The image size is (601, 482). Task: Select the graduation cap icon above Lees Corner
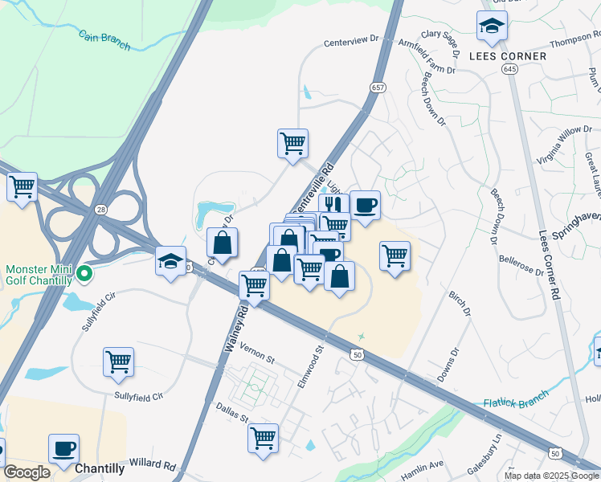[492, 28]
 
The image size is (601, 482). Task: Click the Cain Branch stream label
[104, 39]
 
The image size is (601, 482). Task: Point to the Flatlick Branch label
[516, 399]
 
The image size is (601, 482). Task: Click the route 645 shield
[510, 70]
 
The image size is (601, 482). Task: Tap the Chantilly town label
[100, 468]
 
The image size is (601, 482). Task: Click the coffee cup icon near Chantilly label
[63, 448]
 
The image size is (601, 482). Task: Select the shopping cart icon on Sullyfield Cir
[118, 361]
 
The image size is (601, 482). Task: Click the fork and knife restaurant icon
[333, 205]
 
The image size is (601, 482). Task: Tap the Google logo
[27, 472]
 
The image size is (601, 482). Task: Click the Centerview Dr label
[351, 41]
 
